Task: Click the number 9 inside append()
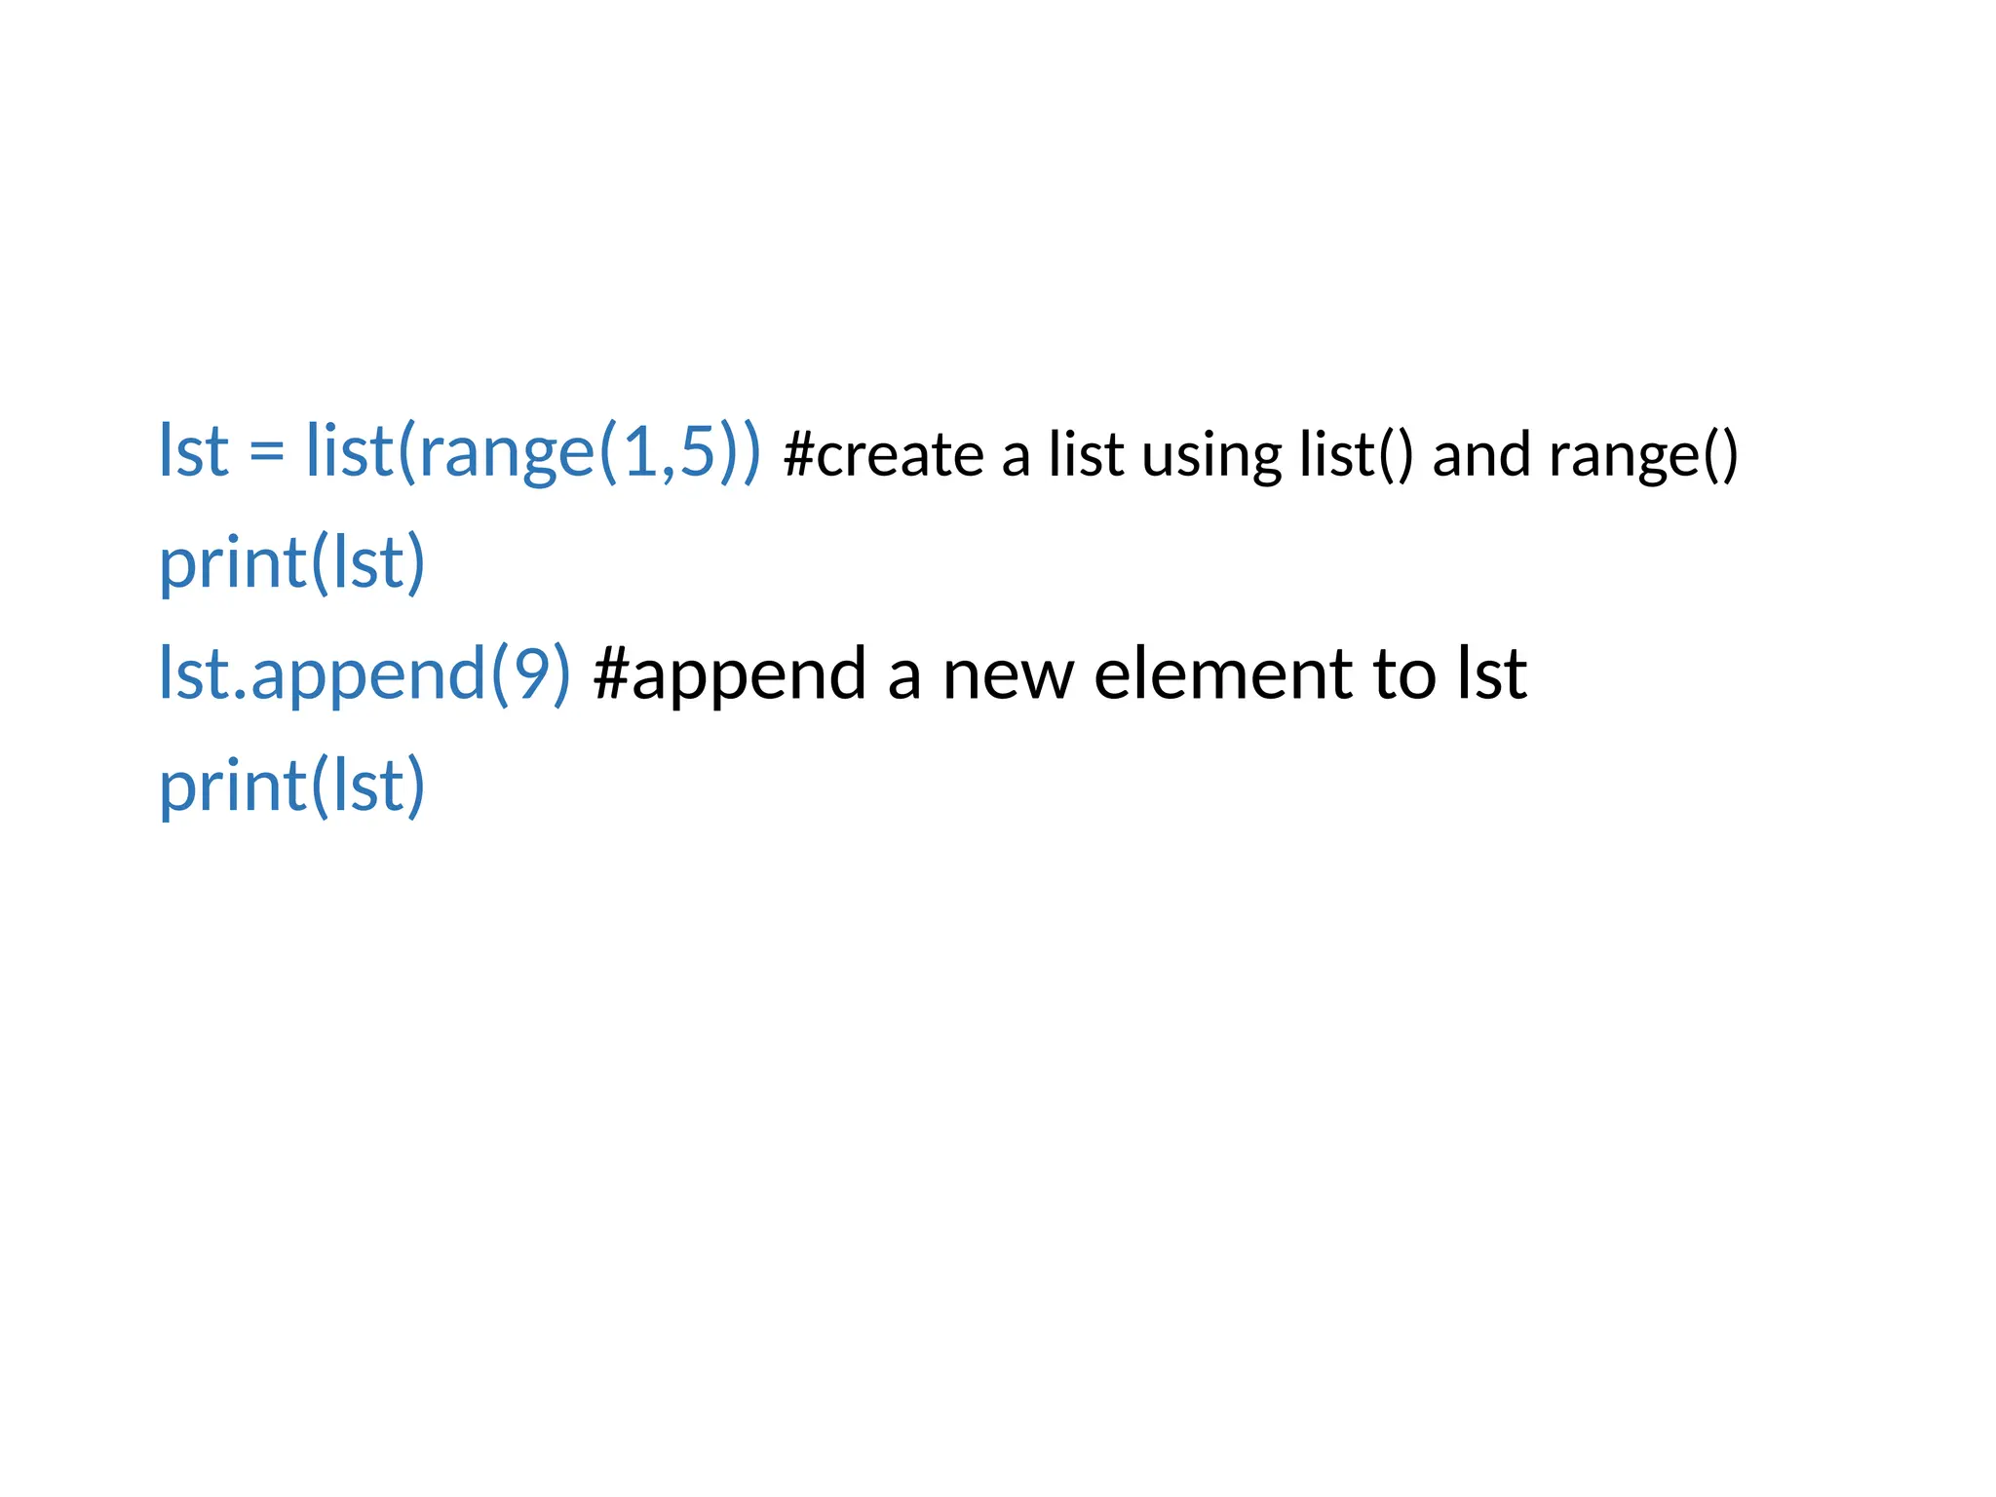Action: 531,674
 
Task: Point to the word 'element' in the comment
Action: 1222,674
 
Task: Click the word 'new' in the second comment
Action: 1007,674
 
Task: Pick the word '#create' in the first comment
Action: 883,455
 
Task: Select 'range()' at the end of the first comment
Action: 1643,456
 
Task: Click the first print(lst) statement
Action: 291,563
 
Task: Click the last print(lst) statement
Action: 291,786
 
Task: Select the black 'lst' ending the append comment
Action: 1491,674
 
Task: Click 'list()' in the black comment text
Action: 1356,455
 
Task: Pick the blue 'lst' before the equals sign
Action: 194,451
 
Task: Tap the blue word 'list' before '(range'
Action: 348,451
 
